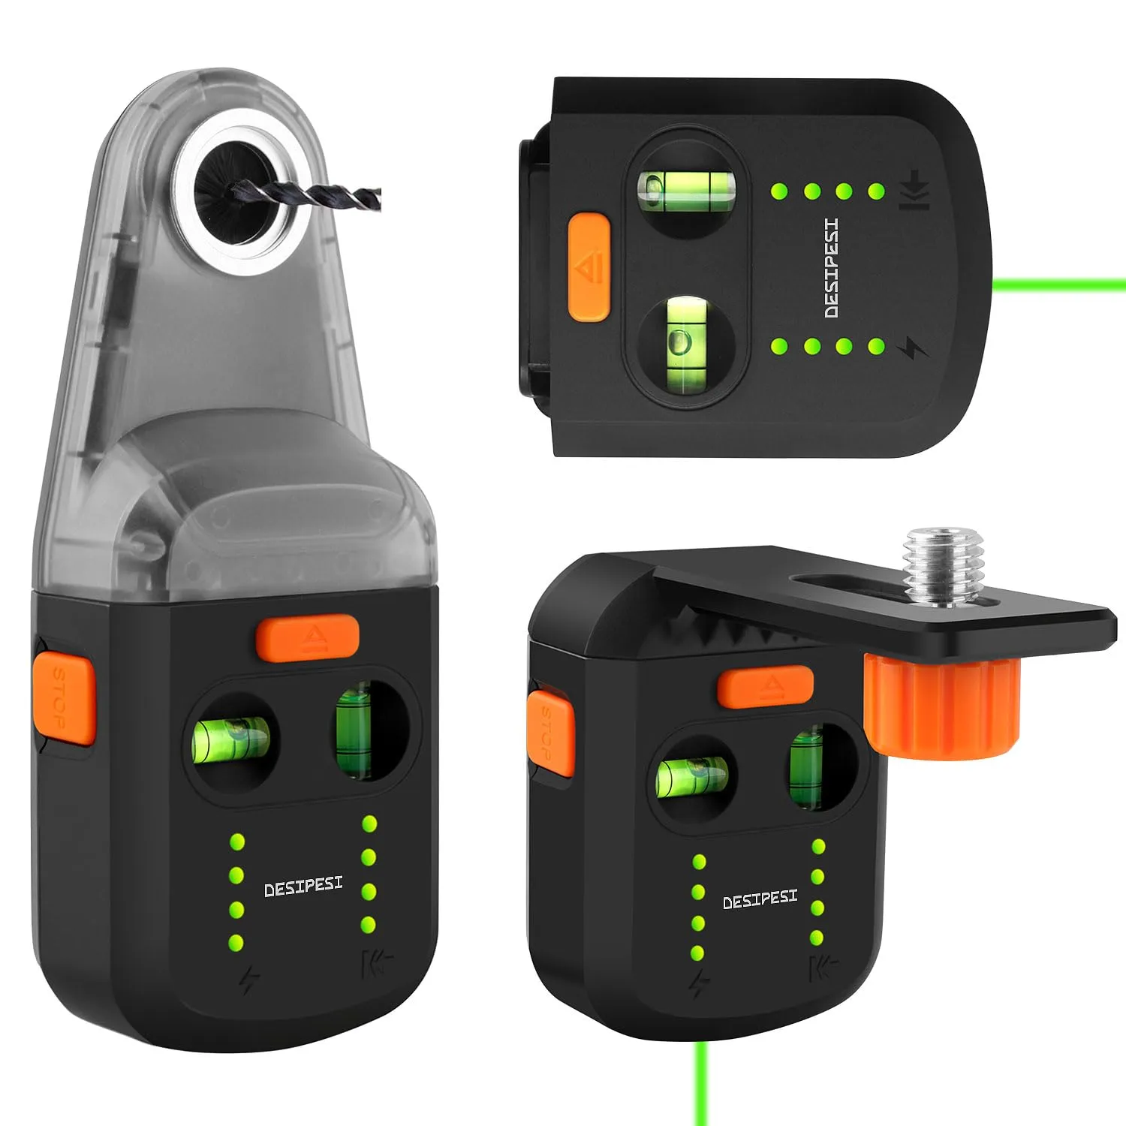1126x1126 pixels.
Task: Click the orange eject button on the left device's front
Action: [307, 637]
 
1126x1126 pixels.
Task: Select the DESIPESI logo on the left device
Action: [303, 887]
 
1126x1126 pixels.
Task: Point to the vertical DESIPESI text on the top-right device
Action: [831, 268]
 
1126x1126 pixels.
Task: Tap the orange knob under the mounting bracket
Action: [941, 707]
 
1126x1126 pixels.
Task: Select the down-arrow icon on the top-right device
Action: [914, 190]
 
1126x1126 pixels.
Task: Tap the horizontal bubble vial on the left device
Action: [231, 739]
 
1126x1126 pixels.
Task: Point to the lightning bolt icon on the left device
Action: [249, 980]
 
